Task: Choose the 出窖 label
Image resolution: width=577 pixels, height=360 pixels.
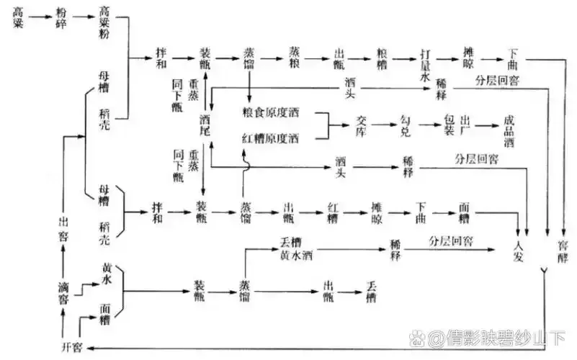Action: (x=63, y=225)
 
